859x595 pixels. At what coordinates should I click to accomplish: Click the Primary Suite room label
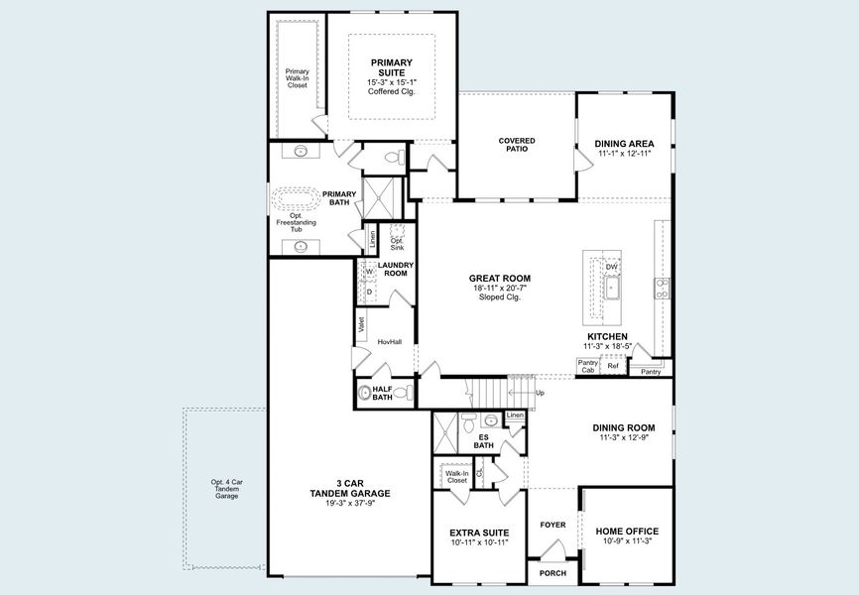[391, 68]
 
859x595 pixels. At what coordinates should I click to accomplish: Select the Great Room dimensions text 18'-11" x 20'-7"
[500, 288]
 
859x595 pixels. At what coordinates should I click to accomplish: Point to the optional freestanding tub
[295, 198]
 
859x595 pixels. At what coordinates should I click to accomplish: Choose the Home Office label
[627, 532]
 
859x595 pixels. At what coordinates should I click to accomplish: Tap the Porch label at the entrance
[552, 574]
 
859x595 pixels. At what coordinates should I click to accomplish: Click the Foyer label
[552, 525]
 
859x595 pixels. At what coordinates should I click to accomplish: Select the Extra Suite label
[478, 532]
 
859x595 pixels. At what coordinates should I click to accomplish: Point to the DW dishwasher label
[611, 267]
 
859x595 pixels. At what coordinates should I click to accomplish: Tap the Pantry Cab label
[587, 366]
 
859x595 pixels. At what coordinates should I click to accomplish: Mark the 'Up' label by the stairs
[540, 393]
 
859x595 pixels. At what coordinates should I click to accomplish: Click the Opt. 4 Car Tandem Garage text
[226, 489]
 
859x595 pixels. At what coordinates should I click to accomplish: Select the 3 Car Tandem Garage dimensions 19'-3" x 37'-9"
[349, 503]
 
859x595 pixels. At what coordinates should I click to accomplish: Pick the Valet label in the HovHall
[362, 323]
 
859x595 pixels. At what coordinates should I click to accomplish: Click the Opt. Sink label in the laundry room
[397, 242]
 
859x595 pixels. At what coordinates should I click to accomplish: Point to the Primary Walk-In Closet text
[297, 78]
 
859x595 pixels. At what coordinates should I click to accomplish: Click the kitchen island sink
[612, 289]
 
